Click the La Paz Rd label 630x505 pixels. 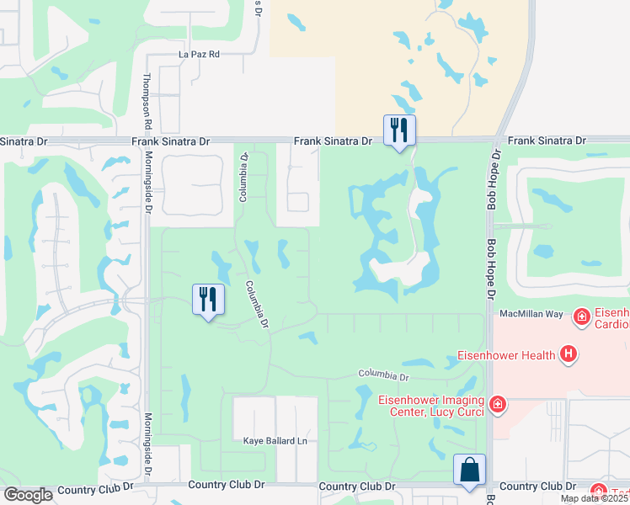pos(199,54)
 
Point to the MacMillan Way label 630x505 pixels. pos(531,313)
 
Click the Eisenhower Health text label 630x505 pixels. pos(506,355)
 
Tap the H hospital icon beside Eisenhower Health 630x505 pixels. pos(569,354)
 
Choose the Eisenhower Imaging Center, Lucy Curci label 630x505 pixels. pos(431,405)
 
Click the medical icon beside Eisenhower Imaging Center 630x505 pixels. pos(498,405)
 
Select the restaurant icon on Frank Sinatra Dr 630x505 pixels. pos(398,130)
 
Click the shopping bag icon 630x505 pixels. pos(469,470)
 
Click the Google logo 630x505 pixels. pos(28,495)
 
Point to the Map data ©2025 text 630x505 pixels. pos(594,498)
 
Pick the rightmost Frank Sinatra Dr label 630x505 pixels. pos(546,141)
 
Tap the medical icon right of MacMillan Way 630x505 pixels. pos(580,316)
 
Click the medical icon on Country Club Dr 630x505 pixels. pos(599,491)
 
